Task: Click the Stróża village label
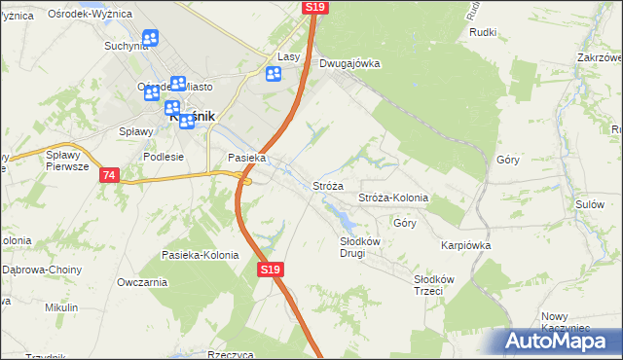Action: [328, 186]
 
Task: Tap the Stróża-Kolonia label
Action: [393, 198]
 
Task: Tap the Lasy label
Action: [288, 57]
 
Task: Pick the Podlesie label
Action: [163, 156]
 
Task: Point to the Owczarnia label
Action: [142, 282]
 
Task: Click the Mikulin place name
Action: [61, 307]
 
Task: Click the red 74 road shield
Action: [108, 175]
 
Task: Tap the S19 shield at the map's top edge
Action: [314, 7]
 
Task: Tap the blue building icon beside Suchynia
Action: [150, 38]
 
